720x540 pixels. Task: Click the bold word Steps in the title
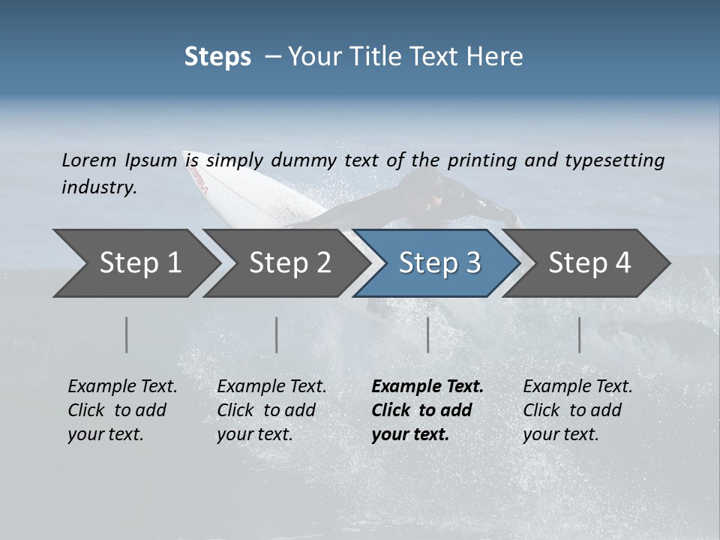[x=217, y=57]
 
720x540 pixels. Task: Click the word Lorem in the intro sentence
[x=88, y=160]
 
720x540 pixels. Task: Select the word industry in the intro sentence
[x=99, y=187]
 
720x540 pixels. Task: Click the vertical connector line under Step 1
[x=127, y=334]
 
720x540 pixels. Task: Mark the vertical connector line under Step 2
[x=277, y=334]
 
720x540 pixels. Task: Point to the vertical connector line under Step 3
[x=428, y=334]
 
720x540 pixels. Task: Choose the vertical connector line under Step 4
[x=580, y=334]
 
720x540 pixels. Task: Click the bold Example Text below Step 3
[x=427, y=386]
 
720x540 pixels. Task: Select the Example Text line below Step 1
[x=122, y=386]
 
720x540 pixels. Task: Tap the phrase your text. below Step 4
[x=560, y=434]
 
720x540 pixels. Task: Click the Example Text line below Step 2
[x=271, y=386]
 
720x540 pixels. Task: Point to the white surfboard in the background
[x=247, y=191]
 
